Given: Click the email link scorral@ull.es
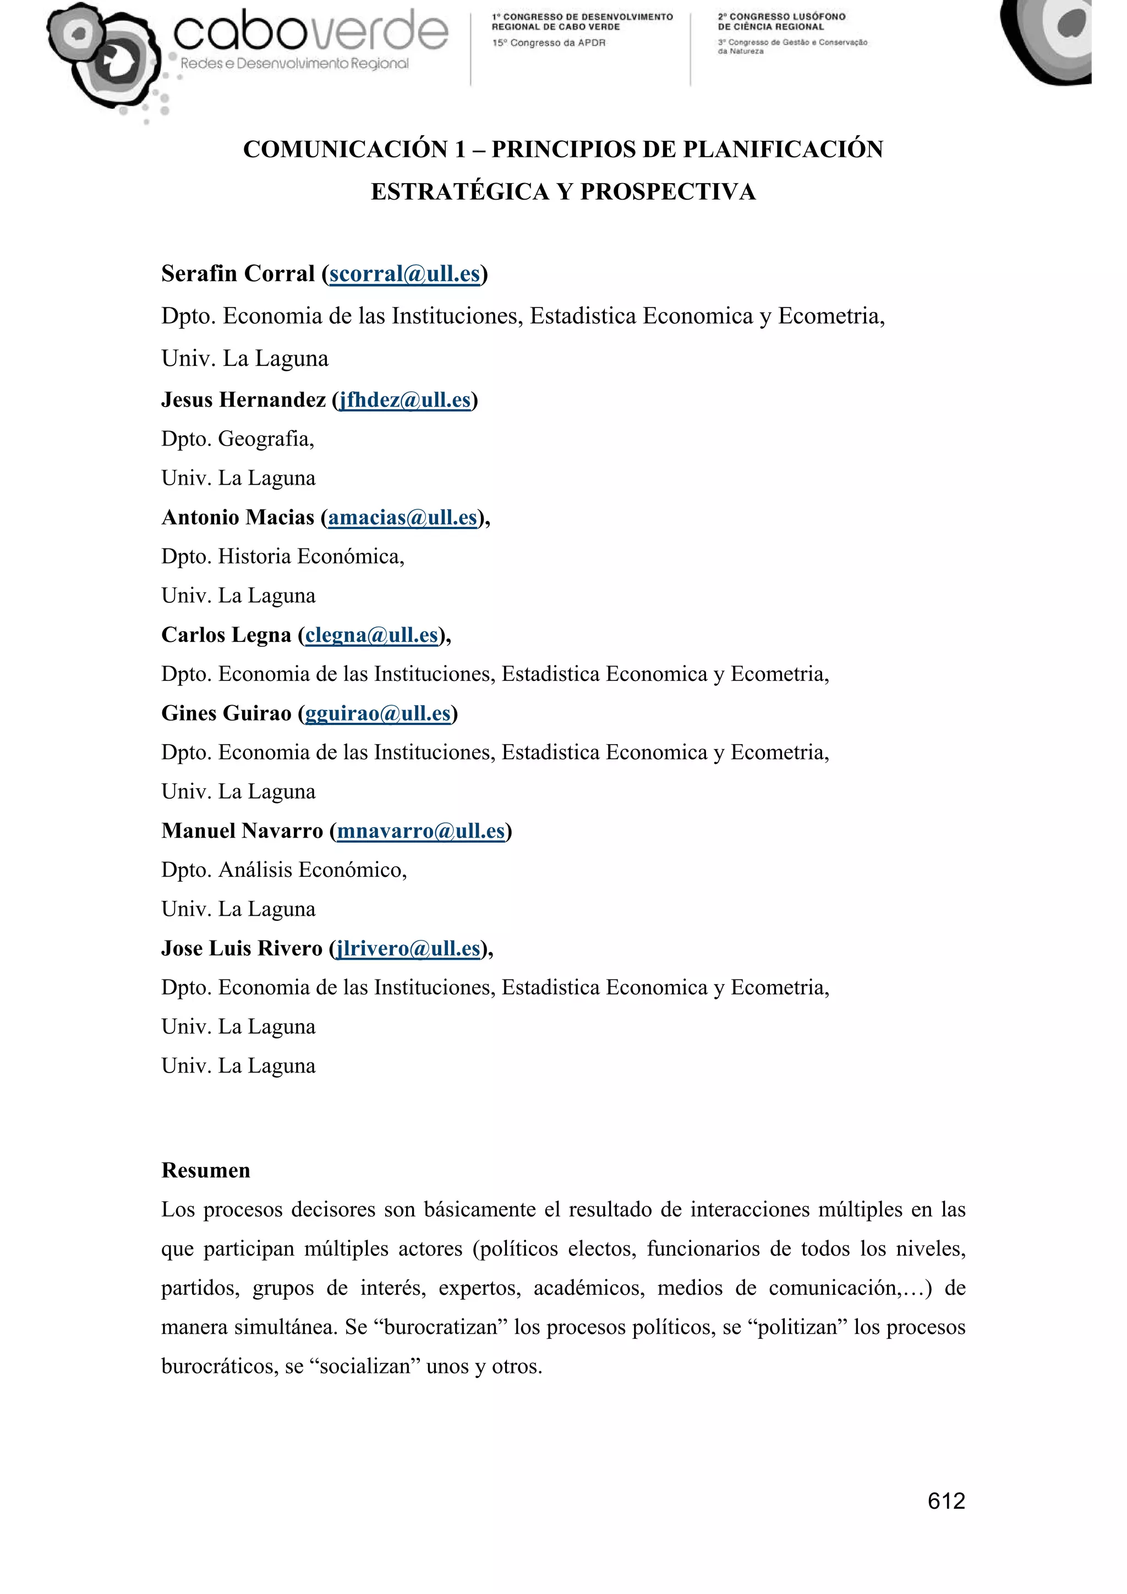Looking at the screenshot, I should click(x=404, y=274).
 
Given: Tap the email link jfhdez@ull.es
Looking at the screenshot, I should click(x=405, y=400).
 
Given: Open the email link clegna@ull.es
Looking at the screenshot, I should click(x=371, y=635).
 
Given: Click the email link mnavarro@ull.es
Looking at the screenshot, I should click(x=420, y=831).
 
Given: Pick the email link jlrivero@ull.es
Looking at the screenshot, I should click(x=408, y=948).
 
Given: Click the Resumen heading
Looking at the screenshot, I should click(x=206, y=1170).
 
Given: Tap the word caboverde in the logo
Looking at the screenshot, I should click(x=310, y=32).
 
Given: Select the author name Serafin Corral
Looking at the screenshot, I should click(x=238, y=274).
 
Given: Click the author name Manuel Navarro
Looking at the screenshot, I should click(x=242, y=831).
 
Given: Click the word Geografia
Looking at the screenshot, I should click(x=266, y=439).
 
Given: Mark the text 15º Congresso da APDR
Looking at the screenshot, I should click(x=549, y=43).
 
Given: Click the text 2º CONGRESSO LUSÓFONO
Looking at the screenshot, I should click(x=781, y=17).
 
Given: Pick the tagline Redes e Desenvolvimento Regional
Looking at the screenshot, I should click(x=294, y=64).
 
